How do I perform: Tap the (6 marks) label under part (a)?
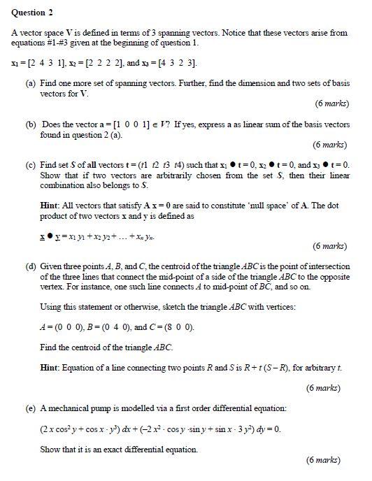[331, 104]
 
